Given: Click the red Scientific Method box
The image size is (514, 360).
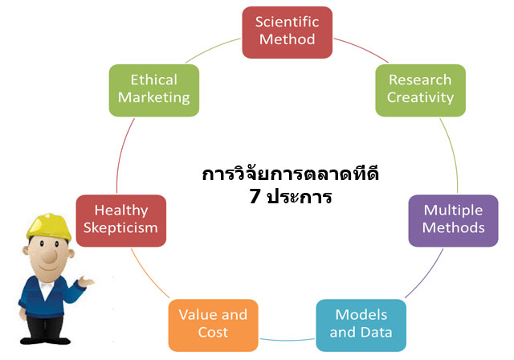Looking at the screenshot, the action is (x=288, y=32).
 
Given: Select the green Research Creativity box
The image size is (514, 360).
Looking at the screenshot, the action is (x=420, y=91).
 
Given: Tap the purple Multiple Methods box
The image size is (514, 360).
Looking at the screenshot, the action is (x=453, y=221).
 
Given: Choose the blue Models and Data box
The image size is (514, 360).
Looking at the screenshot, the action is (x=361, y=325).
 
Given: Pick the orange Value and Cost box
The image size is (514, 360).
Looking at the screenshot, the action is (x=213, y=325).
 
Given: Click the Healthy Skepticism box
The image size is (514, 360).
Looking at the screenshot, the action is (x=121, y=221).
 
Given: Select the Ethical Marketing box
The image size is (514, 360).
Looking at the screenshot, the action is (x=154, y=91).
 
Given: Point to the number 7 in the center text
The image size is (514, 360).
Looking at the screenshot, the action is (x=255, y=196).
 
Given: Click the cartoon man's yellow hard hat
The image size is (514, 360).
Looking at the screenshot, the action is (x=49, y=227).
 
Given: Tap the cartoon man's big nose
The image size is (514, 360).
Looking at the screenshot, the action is (x=50, y=256).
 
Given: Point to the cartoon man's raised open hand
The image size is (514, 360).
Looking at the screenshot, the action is (x=86, y=281).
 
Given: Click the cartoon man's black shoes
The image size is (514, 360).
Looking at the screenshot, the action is (x=45, y=341).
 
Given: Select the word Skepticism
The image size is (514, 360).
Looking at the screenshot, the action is (x=120, y=228).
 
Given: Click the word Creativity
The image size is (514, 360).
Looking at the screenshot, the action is (x=420, y=98).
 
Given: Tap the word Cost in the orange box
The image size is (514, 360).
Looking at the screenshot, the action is (x=213, y=332).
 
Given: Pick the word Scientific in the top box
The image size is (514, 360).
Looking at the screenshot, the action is (x=288, y=22).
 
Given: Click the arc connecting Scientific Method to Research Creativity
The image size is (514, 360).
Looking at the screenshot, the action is (x=362, y=48).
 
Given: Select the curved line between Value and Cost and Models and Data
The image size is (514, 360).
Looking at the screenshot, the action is (x=288, y=341).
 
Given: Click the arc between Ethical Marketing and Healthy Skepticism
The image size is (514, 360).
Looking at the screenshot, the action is (x=122, y=154).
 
